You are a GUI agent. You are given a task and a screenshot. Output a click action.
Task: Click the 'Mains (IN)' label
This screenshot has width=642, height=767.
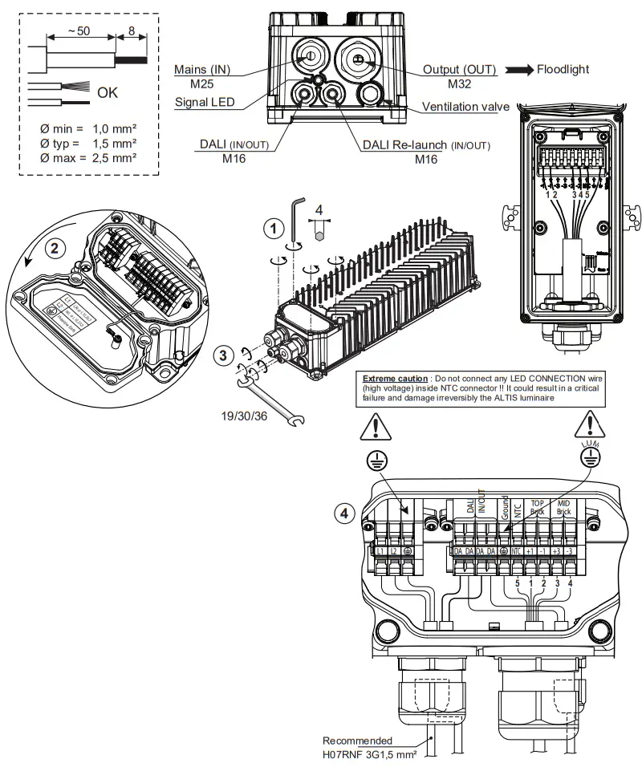click(x=203, y=70)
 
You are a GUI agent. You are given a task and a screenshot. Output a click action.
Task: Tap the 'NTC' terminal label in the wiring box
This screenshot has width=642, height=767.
click(x=518, y=553)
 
